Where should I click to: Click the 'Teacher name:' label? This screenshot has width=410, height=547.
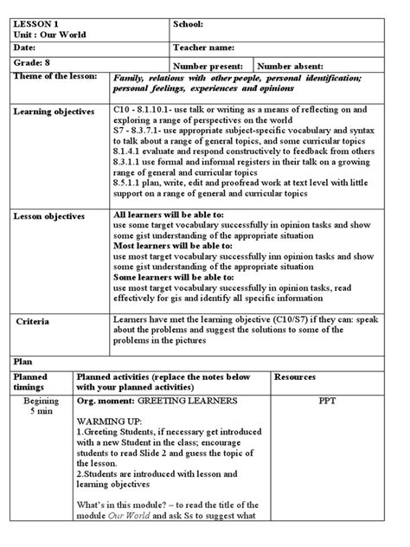coord(208,48)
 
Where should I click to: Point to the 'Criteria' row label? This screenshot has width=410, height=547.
coord(33,321)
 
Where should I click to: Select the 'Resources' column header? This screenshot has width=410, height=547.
coord(298,377)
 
